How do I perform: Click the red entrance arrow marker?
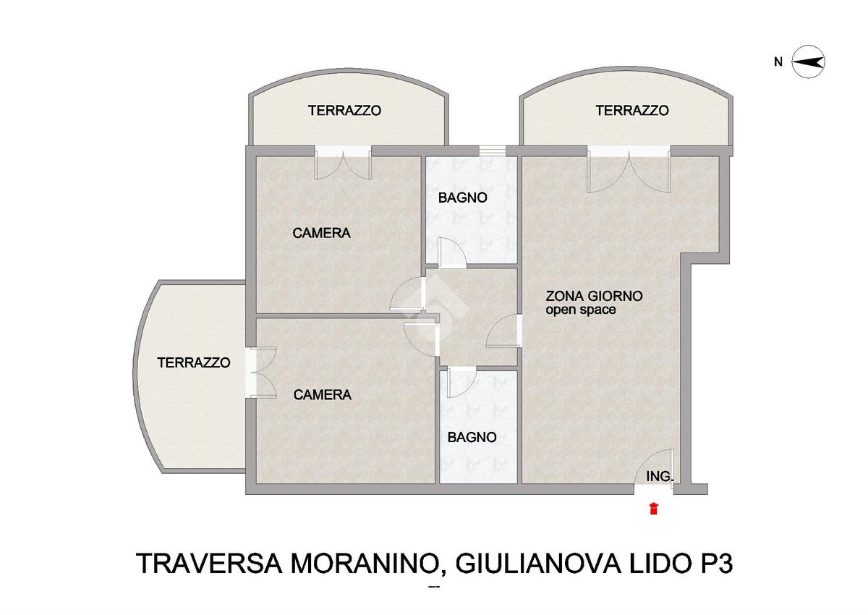tap(654, 509)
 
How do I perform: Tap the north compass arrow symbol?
tap(808, 62)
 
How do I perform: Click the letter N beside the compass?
tap(778, 62)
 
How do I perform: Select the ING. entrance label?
tap(660, 476)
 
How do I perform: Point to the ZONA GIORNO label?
tap(594, 296)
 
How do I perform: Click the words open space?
tap(580, 310)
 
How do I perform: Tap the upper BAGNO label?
tap(463, 198)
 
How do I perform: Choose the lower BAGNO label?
tap(472, 437)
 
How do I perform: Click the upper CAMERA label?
tap(322, 233)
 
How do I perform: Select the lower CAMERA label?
tap(323, 394)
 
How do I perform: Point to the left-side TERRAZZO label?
tap(194, 362)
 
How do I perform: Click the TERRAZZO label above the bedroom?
tap(344, 111)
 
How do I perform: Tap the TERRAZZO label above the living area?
tap(632, 111)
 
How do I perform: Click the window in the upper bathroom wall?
tap(493, 150)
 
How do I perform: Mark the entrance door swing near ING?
tap(655, 466)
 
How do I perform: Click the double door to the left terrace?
tap(261, 372)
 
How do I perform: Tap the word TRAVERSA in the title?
tap(209, 564)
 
